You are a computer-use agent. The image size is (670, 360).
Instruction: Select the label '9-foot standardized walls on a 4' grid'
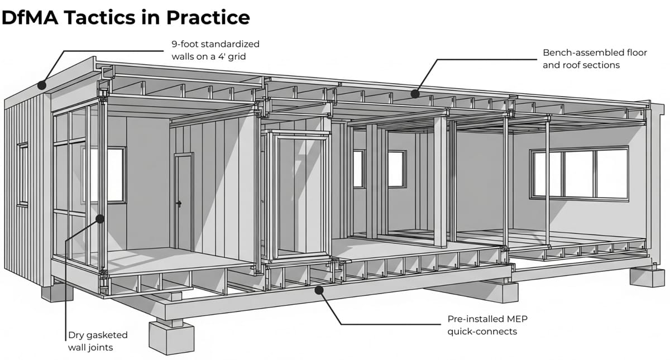pyautogui.click(x=215, y=50)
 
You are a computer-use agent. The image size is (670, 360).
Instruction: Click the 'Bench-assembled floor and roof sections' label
pyautogui.click(x=595, y=59)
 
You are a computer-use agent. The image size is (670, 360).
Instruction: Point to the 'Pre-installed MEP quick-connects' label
pyautogui.click(x=487, y=325)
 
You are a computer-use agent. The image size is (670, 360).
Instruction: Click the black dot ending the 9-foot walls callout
pyautogui.click(x=41, y=85)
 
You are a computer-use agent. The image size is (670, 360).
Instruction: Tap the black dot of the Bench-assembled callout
pyautogui.click(x=414, y=93)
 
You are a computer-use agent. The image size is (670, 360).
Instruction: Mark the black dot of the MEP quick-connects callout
pyautogui.click(x=318, y=289)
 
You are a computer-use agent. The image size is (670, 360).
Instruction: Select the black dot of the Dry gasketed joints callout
pyautogui.click(x=100, y=219)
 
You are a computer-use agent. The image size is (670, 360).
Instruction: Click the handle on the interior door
pyautogui.click(x=179, y=204)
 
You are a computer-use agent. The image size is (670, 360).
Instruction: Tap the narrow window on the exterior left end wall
pyautogui.click(x=23, y=174)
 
